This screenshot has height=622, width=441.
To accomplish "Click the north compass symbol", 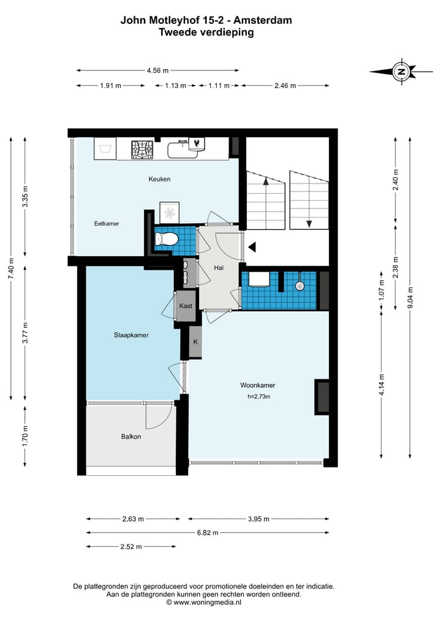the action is [x=401, y=72].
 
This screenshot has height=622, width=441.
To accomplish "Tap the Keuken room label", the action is [x=159, y=179].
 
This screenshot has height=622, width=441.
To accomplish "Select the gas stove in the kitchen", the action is [x=142, y=149].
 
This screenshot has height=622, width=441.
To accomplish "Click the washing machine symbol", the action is [x=105, y=149].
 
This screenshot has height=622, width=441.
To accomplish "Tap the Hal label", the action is [x=219, y=268].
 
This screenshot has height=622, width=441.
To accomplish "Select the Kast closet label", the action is [x=186, y=306].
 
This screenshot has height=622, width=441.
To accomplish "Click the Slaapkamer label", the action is [x=131, y=335].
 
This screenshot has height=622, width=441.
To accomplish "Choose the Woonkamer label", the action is [x=257, y=385].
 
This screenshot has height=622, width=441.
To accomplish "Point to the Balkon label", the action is [x=131, y=436].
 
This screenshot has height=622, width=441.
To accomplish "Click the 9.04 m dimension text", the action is [x=410, y=297].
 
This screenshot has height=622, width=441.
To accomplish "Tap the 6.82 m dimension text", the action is [x=208, y=532].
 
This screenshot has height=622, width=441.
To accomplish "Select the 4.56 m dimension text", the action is [x=158, y=70].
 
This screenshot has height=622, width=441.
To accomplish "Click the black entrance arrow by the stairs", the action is [x=252, y=248].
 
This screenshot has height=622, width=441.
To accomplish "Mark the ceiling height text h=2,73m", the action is [x=258, y=396].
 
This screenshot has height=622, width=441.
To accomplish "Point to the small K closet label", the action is [x=195, y=341].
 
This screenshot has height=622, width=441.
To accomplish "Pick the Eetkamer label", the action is [x=107, y=223].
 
